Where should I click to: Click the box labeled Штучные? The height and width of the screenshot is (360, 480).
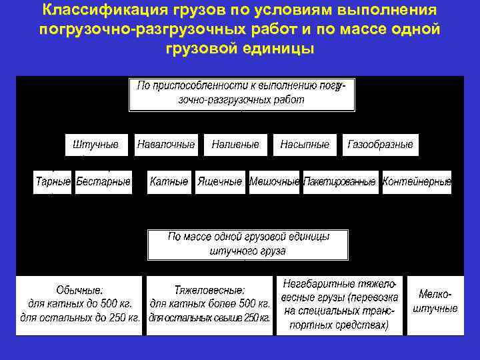point(96,145)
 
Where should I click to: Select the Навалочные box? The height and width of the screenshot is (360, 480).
point(166,145)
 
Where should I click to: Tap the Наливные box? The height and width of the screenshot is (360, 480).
point(235,145)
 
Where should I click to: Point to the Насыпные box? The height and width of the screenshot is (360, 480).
point(305,145)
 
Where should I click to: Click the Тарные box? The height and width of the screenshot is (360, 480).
point(53,182)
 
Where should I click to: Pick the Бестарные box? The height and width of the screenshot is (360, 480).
point(103,182)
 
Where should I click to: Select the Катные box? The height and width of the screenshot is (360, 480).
point(169,182)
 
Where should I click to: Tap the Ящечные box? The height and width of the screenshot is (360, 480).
point(220,182)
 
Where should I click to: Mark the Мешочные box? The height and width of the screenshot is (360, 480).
point(274,182)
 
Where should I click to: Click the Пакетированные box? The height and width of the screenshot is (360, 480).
point(340,182)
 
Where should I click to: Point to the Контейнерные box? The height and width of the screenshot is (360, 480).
point(417,182)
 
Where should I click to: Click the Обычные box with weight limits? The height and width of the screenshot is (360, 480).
point(79,305)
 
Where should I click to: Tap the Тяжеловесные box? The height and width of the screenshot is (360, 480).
point(209,305)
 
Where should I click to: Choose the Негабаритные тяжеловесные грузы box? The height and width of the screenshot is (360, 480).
point(341,305)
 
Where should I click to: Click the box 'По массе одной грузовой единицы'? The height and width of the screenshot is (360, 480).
point(248,245)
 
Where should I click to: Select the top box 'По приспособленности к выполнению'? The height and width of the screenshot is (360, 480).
point(241,94)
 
